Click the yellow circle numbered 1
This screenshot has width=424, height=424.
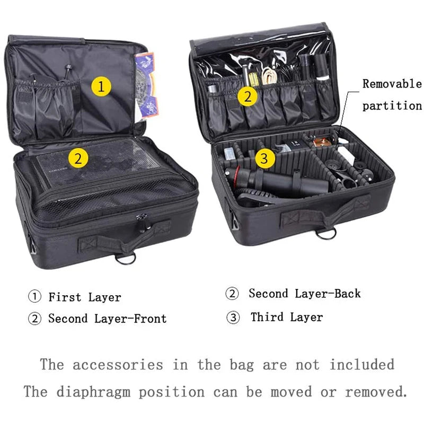(101, 86)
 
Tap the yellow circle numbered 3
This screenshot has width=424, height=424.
(266, 158)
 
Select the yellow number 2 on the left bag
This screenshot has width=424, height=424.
(78, 157)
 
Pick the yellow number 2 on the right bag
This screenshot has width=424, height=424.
(248, 96)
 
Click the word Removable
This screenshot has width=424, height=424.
(392, 84)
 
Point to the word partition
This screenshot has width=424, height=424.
(392, 105)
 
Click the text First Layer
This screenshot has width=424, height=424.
(85, 297)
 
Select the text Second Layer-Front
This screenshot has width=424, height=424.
(108, 319)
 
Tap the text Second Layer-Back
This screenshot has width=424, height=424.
(305, 294)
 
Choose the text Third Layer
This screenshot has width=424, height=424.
(287, 317)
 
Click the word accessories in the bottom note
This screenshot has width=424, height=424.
(118, 365)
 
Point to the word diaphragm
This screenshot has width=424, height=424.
(93, 392)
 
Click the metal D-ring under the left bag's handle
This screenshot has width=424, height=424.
(126, 259)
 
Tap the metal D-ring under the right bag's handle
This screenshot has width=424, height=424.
(326, 234)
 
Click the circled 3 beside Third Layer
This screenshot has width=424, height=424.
(233, 317)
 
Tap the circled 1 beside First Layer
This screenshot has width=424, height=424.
(35, 296)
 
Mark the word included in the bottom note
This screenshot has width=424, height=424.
(362, 365)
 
